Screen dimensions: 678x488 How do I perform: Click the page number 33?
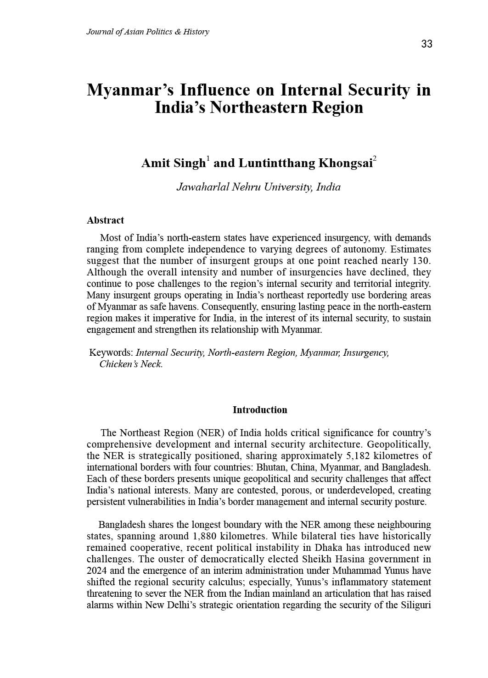pyautogui.click(x=426, y=44)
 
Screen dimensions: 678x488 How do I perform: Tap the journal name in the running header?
pyautogui.click(x=147, y=32)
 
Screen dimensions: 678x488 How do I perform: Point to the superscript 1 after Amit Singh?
pyautogui.click(x=208, y=159)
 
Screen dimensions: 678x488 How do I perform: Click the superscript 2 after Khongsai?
pyautogui.click(x=375, y=159)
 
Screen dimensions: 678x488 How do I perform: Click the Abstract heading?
pyautogui.click(x=105, y=220)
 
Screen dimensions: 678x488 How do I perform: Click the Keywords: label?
pyautogui.click(x=111, y=353)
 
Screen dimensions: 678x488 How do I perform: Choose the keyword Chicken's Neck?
pyautogui.click(x=131, y=364)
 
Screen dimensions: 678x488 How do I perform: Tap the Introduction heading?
pyautogui.click(x=260, y=410)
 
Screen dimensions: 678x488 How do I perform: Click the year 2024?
pyautogui.click(x=96, y=571)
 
